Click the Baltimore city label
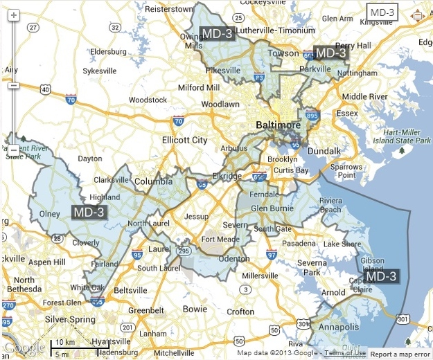[x=279, y=125]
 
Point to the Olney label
[x=50, y=214]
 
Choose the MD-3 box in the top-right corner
[x=382, y=12]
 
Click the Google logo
[x=23, y=347]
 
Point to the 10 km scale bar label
[x=65, y=343]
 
